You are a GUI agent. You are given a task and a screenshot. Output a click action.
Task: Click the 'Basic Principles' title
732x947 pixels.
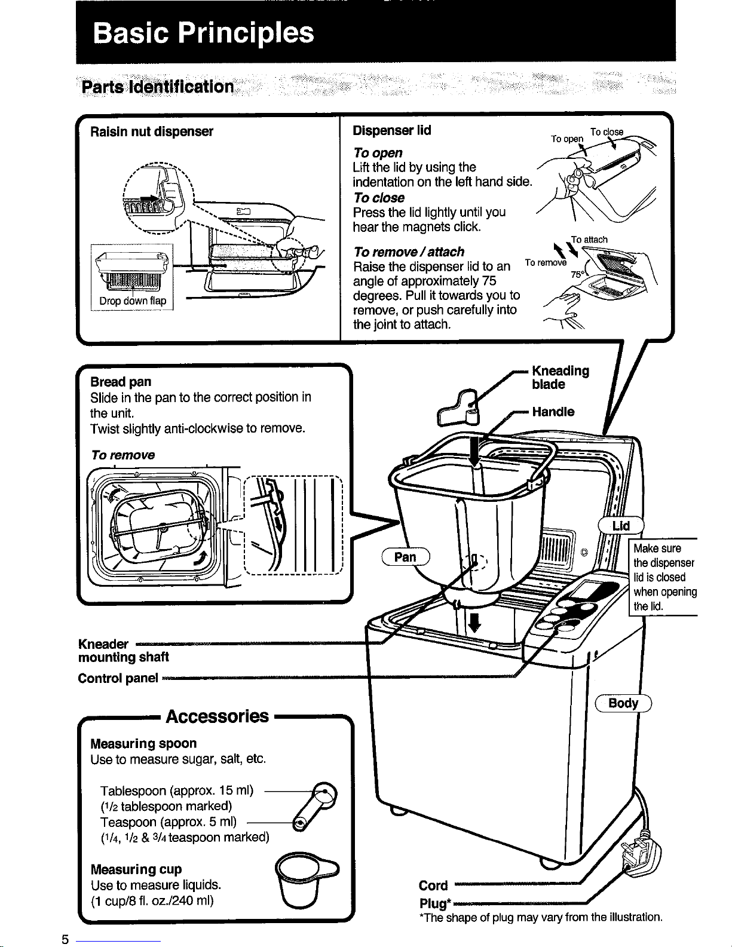tap(204, 33)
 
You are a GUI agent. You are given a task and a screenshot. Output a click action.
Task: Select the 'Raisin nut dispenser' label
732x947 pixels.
tap(151, 131)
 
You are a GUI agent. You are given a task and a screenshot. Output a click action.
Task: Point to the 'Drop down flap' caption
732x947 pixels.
tap(133, 301)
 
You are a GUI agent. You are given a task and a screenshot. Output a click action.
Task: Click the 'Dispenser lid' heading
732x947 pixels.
tap(392, 130)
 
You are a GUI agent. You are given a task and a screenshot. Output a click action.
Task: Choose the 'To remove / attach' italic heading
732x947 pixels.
tap(409, 252)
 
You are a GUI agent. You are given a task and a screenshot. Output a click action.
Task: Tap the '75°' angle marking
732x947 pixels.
tap(577, 274)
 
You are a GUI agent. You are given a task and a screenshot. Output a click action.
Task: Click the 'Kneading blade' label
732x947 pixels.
tap(560, 378)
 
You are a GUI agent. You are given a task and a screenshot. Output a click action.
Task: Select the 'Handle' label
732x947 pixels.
tap(553, 412)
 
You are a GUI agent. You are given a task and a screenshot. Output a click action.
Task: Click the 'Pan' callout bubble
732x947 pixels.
tap(406, 557)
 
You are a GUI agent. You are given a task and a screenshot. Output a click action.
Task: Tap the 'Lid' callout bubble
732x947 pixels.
tap(621, 526)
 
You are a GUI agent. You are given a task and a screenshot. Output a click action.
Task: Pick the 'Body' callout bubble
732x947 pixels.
tap(623, 703)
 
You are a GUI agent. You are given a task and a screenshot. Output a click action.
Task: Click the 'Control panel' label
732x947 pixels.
tap(118, 678)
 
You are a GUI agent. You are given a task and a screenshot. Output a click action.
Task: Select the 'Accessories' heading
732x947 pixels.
tap(217, 716)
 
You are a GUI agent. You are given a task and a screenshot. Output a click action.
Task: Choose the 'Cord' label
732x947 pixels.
tap(433, 885)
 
